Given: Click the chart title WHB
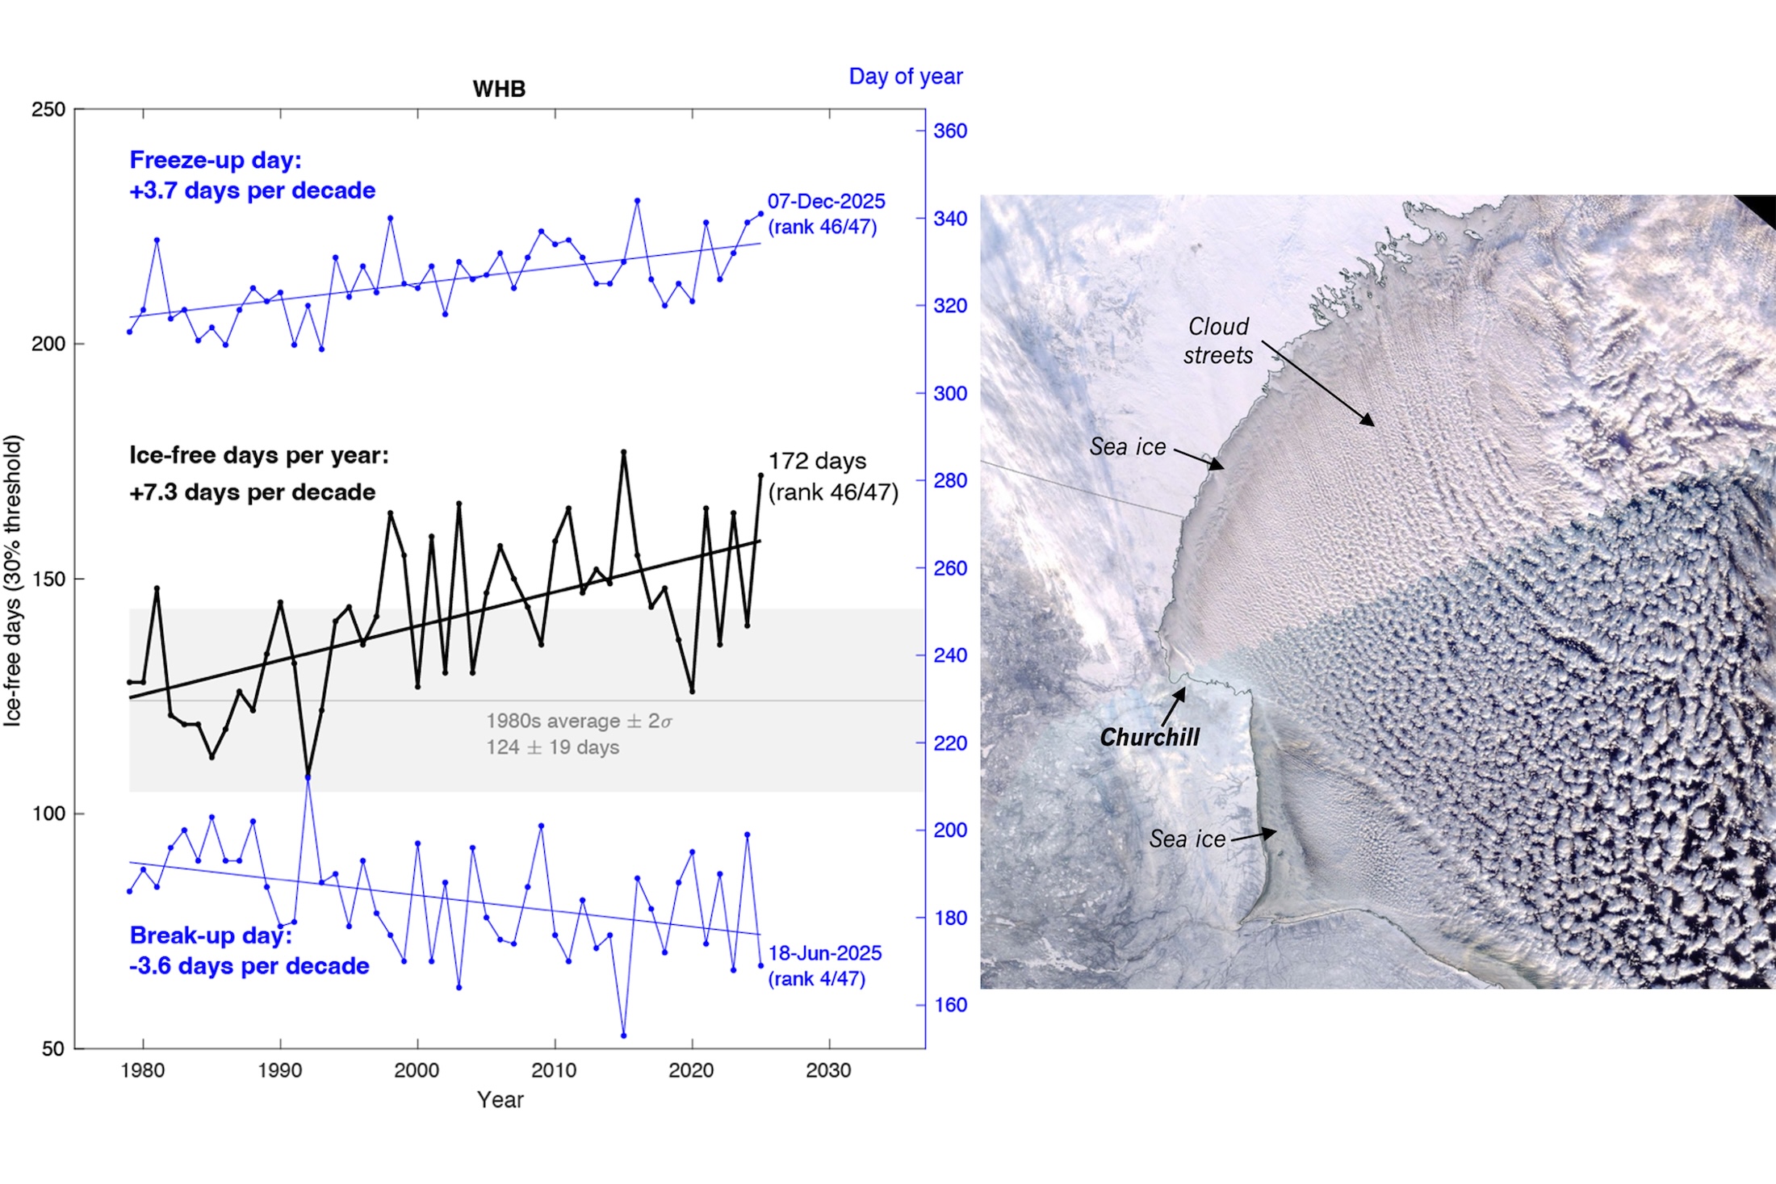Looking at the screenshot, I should tap(499, 89).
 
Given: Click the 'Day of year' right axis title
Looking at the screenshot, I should tap(905, 77).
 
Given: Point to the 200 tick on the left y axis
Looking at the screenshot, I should tap(48, 344).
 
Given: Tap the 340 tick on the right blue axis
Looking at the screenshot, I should tap(949, 219).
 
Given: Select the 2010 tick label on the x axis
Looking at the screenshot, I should tap(554, 1070).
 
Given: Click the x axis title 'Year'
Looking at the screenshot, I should tap(500, 1099).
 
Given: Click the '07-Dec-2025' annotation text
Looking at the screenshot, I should tap(826, 201).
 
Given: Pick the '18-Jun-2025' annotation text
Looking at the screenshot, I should tap(824, 953).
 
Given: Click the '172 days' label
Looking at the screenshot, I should tap(817, 461).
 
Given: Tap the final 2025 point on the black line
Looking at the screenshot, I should tap(760, 475).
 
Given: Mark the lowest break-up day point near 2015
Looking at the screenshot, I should tap(623, 1035).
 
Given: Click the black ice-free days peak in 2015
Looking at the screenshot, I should tap(623, 453).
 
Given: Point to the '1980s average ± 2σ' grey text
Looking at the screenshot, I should tap(578, 721).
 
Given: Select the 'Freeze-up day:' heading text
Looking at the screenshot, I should tap(216, 160).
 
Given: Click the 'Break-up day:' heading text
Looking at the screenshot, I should tap(211, 935).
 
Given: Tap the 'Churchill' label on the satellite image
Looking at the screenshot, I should tap(1150, 737).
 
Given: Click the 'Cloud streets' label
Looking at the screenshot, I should tap(1217, 341).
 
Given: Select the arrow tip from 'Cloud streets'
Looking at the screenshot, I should tap(1373, 425).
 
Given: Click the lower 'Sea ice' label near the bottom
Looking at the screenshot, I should tap(1187, 839).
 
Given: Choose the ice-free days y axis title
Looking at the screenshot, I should tap(13, 581).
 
